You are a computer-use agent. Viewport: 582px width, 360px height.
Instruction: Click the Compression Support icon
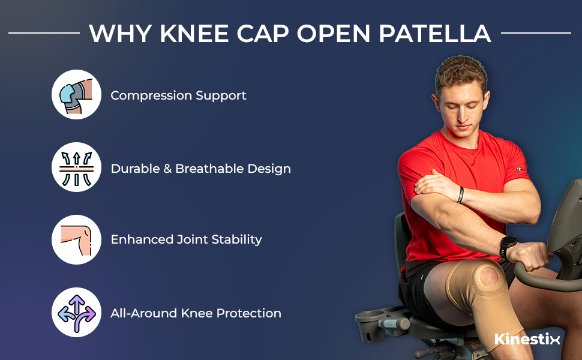pos(76,95)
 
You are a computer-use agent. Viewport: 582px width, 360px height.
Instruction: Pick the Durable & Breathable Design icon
pos(76,167)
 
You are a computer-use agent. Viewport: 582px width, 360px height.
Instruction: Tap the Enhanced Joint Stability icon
pos(76,239)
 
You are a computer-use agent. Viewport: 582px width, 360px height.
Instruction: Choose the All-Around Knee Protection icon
pos(76,313)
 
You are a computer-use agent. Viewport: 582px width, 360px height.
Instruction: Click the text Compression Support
pos(178,95)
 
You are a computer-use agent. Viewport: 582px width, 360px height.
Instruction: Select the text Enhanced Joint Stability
pos(186,239)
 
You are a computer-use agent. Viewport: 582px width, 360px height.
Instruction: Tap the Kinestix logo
pos(527,339)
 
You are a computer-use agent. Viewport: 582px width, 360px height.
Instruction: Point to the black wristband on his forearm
pos(460,195)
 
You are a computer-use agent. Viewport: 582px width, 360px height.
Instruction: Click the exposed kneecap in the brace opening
pos(485,277)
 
